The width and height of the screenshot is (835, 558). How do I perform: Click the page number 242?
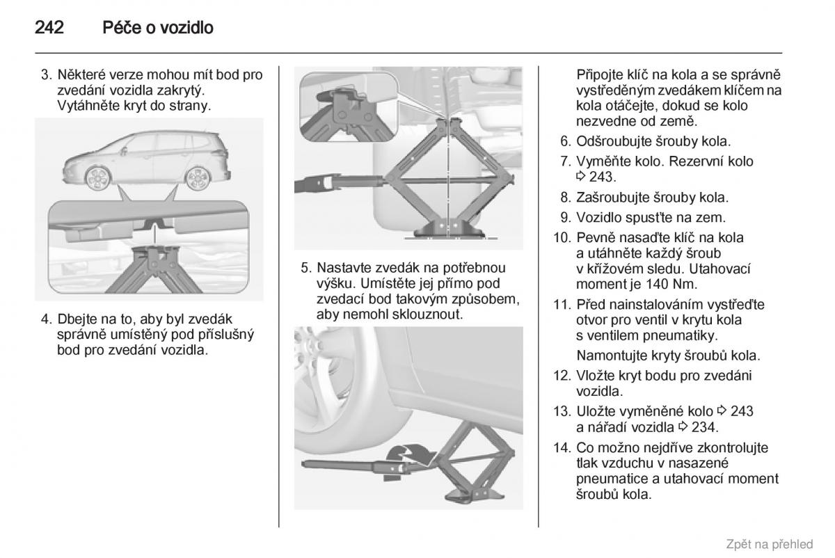[49, 29]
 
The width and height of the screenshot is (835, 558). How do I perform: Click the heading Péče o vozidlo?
[157, 29]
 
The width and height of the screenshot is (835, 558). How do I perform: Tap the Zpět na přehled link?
[769, 544]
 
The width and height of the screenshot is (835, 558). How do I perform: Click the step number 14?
[562, 447]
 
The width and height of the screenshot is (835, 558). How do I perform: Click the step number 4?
[46, 319]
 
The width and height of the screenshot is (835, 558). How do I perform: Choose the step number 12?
[562, 375]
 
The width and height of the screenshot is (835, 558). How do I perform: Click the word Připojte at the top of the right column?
[603, 75]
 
